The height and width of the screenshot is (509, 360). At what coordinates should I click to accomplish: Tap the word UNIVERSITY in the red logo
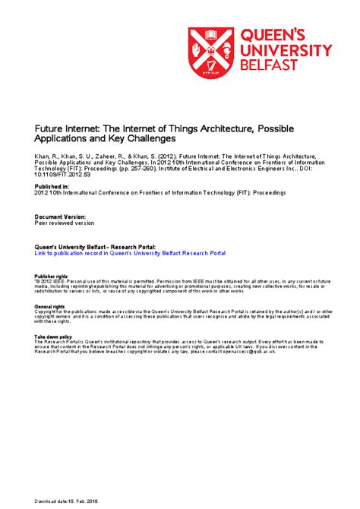tap(287, 50)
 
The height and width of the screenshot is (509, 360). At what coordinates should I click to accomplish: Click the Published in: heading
tap(52, 185)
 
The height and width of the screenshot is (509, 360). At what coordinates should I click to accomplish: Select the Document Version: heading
tap(59, 216)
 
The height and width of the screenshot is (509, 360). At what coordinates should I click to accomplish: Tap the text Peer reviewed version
tap(65, 223)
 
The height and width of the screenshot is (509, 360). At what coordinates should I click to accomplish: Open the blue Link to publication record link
tap(131, 253)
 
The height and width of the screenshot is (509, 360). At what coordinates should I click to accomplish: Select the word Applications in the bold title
tap(63, 140)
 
